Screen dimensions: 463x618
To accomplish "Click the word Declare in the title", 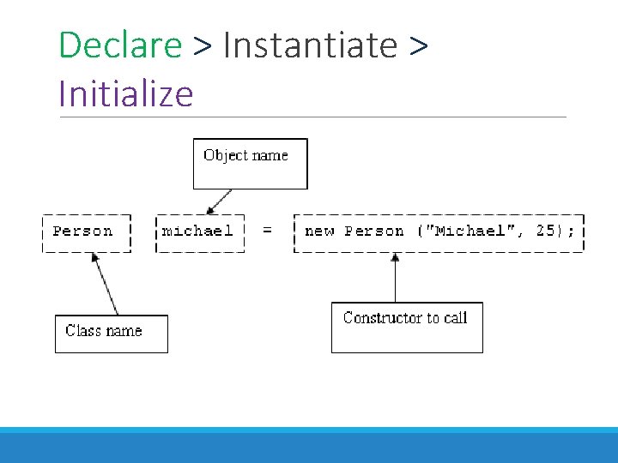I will tap(120, 45).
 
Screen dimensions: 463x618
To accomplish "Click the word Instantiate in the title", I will tap(309, 45).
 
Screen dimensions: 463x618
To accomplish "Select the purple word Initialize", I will tap(126, 92).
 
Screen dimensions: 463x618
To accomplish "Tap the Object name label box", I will tap(250, 164).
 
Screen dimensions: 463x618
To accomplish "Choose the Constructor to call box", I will tap(407, 327).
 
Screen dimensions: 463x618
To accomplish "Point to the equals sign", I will tap(267, 231).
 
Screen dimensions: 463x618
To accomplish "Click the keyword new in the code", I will tap(319, 231).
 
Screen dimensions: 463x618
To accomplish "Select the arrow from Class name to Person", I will tap(105, 286).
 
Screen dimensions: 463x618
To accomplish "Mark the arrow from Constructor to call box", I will tap(395, 278).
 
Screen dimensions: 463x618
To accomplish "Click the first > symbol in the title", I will tap(203, 45).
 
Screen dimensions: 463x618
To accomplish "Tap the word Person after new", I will tap(373, 231).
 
